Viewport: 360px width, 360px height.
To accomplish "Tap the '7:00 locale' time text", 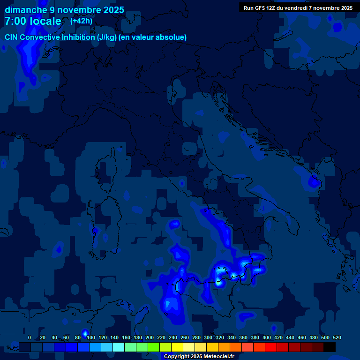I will [x=33, y=21].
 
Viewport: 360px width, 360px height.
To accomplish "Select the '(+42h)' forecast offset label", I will [x=81, y=21].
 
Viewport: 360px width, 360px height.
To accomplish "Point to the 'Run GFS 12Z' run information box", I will [x=298, y=7].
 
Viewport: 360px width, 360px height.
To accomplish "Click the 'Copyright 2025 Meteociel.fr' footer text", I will [x=199, y=356].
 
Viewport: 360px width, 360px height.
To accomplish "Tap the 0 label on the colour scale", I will [x=30, y=337].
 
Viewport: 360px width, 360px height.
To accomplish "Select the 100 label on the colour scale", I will [x=91, y=337].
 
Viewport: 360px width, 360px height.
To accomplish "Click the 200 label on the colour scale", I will [x=150, y=337].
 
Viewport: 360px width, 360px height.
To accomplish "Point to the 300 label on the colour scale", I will [x=208, y=337].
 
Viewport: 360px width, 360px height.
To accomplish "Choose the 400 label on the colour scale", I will [x=267, y=337].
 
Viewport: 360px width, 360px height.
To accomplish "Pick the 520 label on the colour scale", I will [x=337, y=337].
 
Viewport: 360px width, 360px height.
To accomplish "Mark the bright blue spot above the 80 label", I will [x=85, y=333].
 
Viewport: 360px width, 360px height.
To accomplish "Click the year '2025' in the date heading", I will [x=114, y=10].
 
